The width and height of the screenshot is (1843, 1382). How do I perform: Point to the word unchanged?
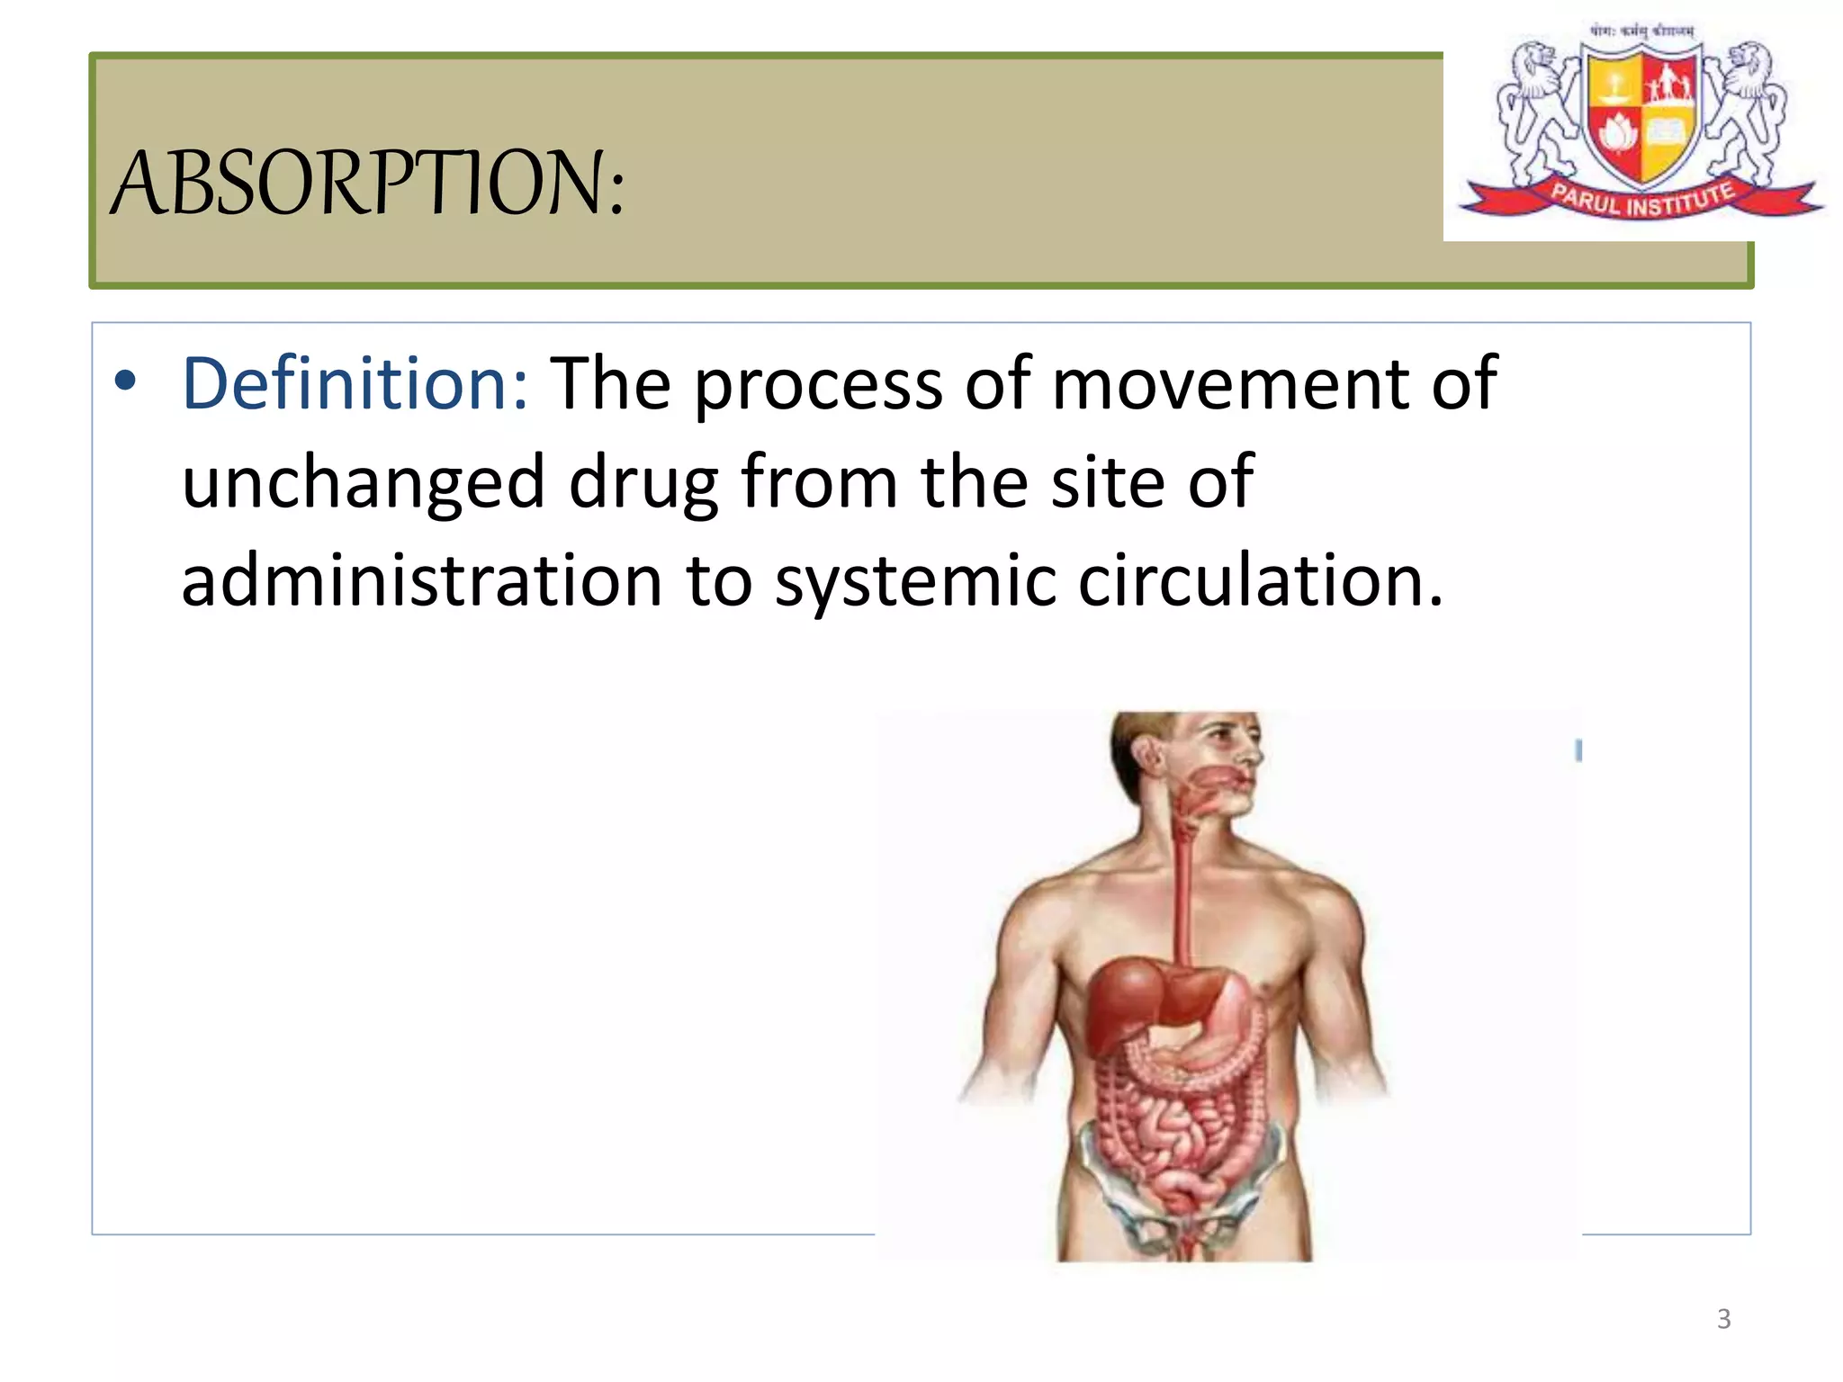(x=364, y=484)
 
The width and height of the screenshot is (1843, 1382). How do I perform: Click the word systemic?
(x=915, y=583)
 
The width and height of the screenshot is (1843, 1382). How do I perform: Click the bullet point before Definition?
(x=125, y=381)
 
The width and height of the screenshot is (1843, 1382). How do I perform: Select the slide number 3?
(x=1723, y=1319)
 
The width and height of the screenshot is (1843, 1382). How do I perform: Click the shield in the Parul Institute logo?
(x=1642, y=112)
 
